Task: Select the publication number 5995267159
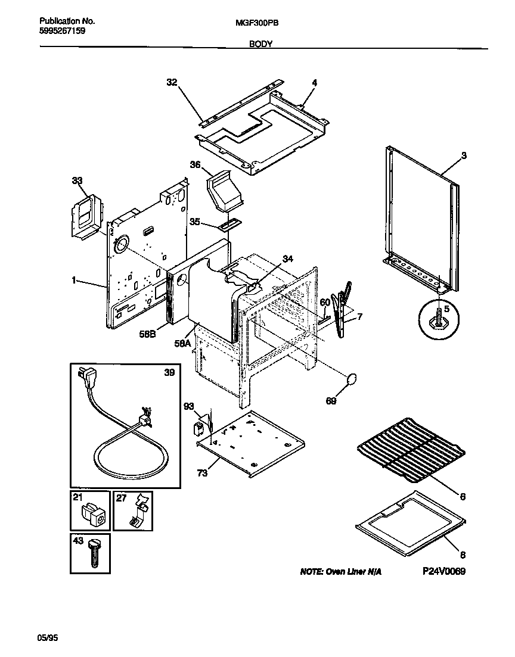pyautogui.click(x=58, y=31)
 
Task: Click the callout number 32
pyautogui.click(x=172, y=83)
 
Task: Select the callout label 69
pyautogui.click(x=330, y=401)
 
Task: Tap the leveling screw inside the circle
pyautogui.click(x=440, y=315)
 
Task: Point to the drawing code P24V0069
pyautogui.click(x=443, y=571)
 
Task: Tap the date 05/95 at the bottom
pyautogui.click(x=48, y=637)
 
